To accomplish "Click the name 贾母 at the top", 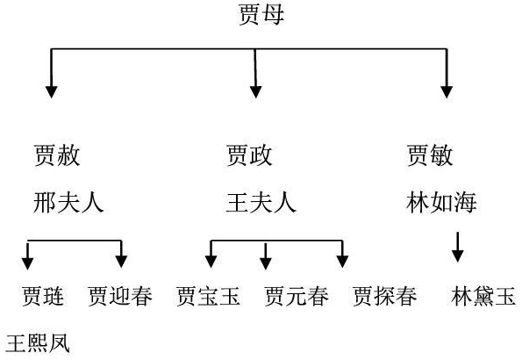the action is (261, 15).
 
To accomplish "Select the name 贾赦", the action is (57, 155).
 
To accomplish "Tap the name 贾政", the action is (249, 155).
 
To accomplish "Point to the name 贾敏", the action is (430, 155).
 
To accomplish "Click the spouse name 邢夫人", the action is (68, 202).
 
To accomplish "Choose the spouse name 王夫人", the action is (261, 202).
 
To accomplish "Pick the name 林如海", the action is (441, 202).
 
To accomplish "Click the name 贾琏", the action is (43, 296).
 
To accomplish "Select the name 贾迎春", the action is (120, 296).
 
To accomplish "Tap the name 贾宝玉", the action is (209, 296).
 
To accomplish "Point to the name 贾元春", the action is (297, 296).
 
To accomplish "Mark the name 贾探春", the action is (385, 296).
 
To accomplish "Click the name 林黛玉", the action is (483, 296).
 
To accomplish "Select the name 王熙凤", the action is (38, 343).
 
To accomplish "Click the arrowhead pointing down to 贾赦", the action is (51, 92).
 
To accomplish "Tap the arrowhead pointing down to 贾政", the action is (255, 92).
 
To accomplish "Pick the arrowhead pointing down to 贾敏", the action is (447, 92).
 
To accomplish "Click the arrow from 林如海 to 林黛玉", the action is (458, 247).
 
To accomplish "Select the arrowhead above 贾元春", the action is (265, 263).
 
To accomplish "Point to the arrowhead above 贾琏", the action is (27, 263).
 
